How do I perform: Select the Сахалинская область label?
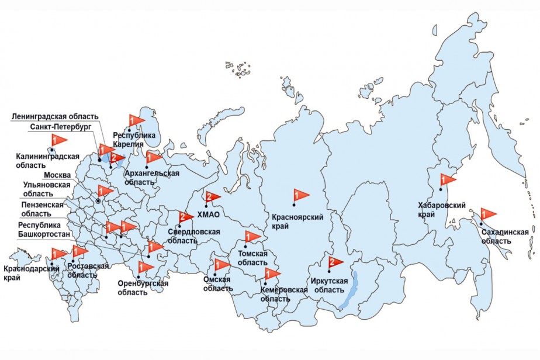pos(506,236)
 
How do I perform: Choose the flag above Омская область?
pos(221,265)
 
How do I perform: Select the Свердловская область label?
pos(194,236)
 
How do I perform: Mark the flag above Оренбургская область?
pos(144,268)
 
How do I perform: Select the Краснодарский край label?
pos(31,273)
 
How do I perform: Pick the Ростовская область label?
pos(88,271)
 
